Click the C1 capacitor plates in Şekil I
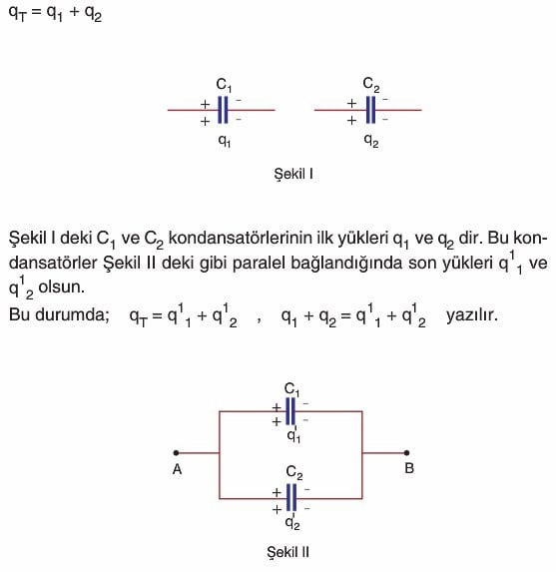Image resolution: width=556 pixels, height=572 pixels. (223, 110)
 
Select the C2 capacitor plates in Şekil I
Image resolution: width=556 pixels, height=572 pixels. (370, 110)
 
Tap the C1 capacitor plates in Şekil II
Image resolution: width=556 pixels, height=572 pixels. (290, 411)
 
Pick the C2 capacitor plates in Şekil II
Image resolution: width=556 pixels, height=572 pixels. (291, 497)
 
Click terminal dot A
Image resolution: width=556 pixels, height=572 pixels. (176, 453)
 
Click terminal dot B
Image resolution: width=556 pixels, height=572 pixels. (407, 453)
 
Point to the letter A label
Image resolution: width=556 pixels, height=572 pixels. (177, 469)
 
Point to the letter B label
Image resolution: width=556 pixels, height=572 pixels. (409, 468)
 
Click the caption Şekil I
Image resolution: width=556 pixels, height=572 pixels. (293, 174)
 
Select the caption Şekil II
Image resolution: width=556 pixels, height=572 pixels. (288, 552)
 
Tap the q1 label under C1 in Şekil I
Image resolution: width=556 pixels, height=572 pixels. (225, 141)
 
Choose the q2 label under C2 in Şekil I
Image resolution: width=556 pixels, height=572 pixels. (371, 141)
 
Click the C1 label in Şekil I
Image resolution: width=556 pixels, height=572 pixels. (224, 85)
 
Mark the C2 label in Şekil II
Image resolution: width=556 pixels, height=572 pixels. (294, 473)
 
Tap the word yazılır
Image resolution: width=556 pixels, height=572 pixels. (472, 314)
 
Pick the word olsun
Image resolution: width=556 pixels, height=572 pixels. (61, 287)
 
